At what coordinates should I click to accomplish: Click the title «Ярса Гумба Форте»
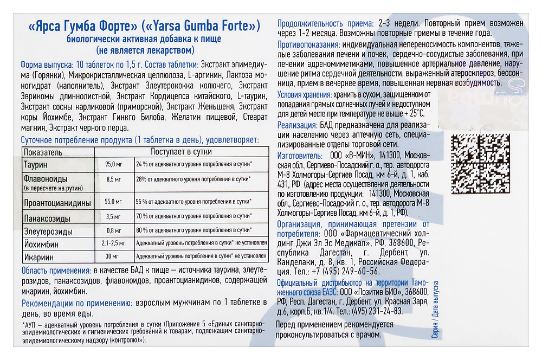pyautogui.click(x=82, y=25)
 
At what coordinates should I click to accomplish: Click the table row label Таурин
pyautogui.click(x=36, y=164)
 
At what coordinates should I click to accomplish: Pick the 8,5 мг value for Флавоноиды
pyautogui.click(x=113, y=178)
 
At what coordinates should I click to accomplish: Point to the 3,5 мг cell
pyautogui.click(x=113, y=216)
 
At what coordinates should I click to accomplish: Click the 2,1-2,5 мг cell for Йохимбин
pyautogui.click(x=113, y=243)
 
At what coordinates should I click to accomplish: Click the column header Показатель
pyautogui.click(x=43, y=152)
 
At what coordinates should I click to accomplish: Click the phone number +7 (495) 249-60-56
pyautogui.click(x=344, y=272)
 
